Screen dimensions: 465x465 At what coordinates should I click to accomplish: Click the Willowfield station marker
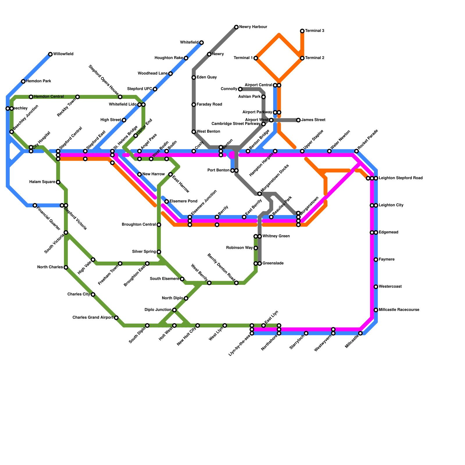[50, 54]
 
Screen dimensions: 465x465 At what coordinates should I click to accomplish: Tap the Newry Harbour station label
[253, 27]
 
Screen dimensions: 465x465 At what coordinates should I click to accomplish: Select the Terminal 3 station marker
[302, 31]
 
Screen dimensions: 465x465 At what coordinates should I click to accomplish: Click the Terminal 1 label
[243, 58]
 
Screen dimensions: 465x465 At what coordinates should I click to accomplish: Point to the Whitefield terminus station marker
[201, 43]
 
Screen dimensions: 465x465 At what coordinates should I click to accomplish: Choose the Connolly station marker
[240, 89]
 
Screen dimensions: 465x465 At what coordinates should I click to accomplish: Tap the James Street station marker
[298, 120]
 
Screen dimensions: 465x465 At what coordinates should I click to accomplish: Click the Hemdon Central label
[49, 97]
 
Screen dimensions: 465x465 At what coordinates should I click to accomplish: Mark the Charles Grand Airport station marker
[116, 318]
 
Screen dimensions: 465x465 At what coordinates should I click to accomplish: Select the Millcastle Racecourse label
[399, 310]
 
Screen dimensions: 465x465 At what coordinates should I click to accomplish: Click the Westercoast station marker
[376, 287]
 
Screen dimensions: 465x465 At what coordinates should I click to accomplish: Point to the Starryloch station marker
[306, 333]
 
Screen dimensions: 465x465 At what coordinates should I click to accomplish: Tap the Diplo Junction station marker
[174, 310]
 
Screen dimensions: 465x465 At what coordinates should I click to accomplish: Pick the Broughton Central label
[139, 225]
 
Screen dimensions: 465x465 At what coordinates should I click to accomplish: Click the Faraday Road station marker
[194, 105]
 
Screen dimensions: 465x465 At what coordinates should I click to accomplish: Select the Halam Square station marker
[58, 182]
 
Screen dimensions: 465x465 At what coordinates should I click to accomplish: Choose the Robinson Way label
[239, 248]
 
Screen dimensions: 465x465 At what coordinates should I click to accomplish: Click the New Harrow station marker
[139, 174]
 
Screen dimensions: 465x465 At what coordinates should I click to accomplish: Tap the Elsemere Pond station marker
[167, 201]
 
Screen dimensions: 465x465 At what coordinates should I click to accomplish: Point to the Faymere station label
[387, 260]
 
